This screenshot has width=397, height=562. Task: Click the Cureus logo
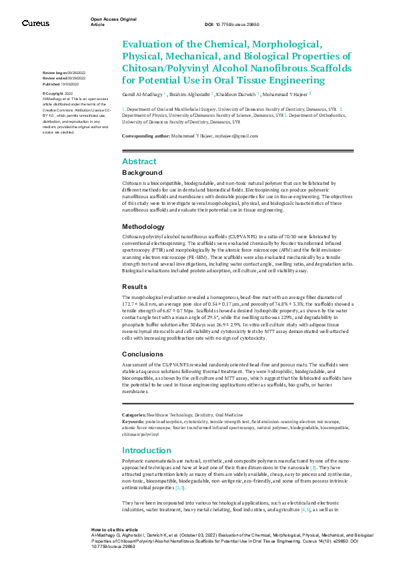35,23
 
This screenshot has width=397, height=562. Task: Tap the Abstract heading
139,162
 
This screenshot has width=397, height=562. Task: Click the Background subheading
142,172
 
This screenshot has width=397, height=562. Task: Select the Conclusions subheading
142,354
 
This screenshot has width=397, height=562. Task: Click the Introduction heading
147,450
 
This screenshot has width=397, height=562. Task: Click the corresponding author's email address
237,136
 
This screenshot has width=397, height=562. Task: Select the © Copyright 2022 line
58,93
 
